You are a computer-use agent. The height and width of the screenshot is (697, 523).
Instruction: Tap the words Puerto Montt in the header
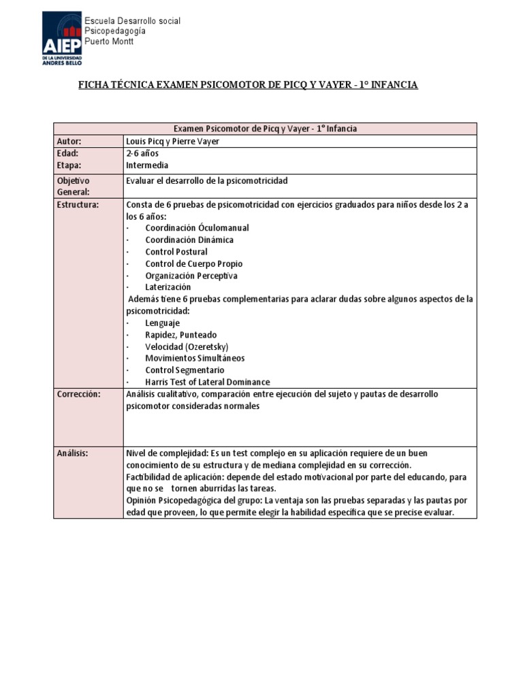click(109, 42)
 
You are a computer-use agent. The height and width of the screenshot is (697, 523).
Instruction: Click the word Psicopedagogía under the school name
click(114, 31)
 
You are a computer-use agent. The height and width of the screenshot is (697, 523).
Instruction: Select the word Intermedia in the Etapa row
click(147, 165)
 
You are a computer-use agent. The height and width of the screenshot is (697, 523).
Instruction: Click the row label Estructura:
click(78, 204)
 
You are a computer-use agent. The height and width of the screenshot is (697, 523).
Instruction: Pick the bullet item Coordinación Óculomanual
click(197, 228)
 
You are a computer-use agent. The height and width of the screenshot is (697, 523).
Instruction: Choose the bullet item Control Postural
click(176, 252)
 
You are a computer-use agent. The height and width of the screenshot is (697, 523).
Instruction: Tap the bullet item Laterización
click(168, 287)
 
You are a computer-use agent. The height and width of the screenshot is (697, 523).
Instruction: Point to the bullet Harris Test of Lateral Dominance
click(207, 382)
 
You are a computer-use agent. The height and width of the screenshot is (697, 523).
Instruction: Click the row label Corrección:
click(79, 394)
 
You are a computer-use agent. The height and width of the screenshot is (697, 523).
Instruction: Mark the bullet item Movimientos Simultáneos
click(195, 358)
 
